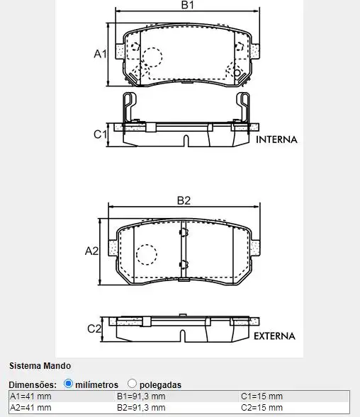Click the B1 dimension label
tap(187, 6)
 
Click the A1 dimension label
tap(100, 54)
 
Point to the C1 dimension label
tap(100, 134)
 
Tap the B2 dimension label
tap(184, 200)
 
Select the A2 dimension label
tap(91, 251)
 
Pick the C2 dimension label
tap(94, 329)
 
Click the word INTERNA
tap(276, 139)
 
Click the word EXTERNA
tap(274, 336)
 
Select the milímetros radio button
tap(69, 384)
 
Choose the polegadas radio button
tap(132, 384)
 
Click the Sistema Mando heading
tap(40, 366)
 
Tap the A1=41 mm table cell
tap(30, 396)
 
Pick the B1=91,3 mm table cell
tap(141, 396)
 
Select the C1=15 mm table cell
tap(261, 396)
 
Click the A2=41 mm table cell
tap(30, 407)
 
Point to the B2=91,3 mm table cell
tap(141, 407)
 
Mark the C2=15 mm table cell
tap(261, 407)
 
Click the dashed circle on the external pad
tap(146, 254)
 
